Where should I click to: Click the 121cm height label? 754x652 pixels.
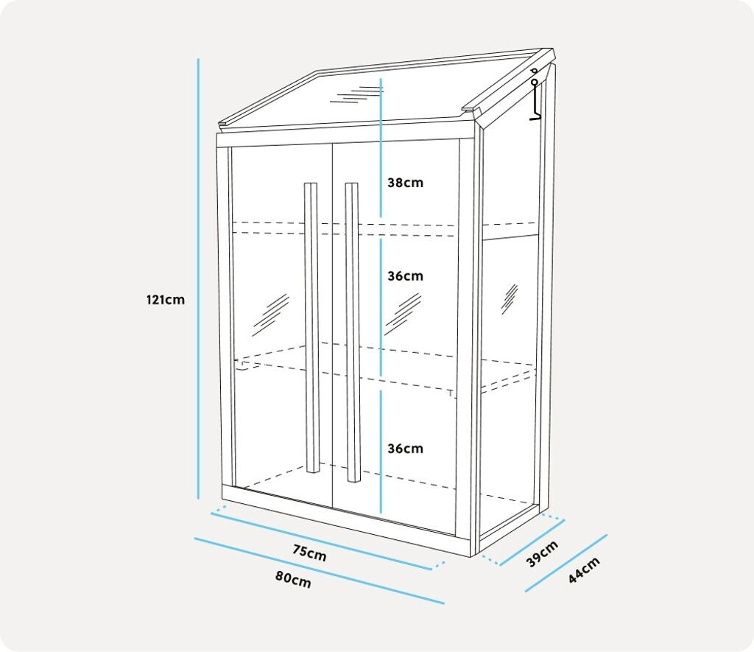coord(165,300)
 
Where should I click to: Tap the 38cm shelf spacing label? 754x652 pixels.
coord(406,183)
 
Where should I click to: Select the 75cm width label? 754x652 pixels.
coord(309,554)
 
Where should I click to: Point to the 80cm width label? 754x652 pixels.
coord(293,580)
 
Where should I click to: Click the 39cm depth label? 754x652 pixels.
coord(543,553)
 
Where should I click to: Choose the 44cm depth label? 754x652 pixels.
coord(584,569)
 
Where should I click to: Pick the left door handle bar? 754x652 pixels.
coord(311,328)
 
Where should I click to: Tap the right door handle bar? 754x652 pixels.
coord(352,332)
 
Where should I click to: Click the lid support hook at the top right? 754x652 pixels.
coord(535,96)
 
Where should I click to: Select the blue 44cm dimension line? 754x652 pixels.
coord(565,564)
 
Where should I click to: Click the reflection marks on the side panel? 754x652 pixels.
coord(510,298)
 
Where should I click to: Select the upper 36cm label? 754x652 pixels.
coord(406,276)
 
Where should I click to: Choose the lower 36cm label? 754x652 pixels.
coord(406,449)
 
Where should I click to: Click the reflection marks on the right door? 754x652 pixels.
coord(404,312)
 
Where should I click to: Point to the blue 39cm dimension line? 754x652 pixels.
coord(532,542)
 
